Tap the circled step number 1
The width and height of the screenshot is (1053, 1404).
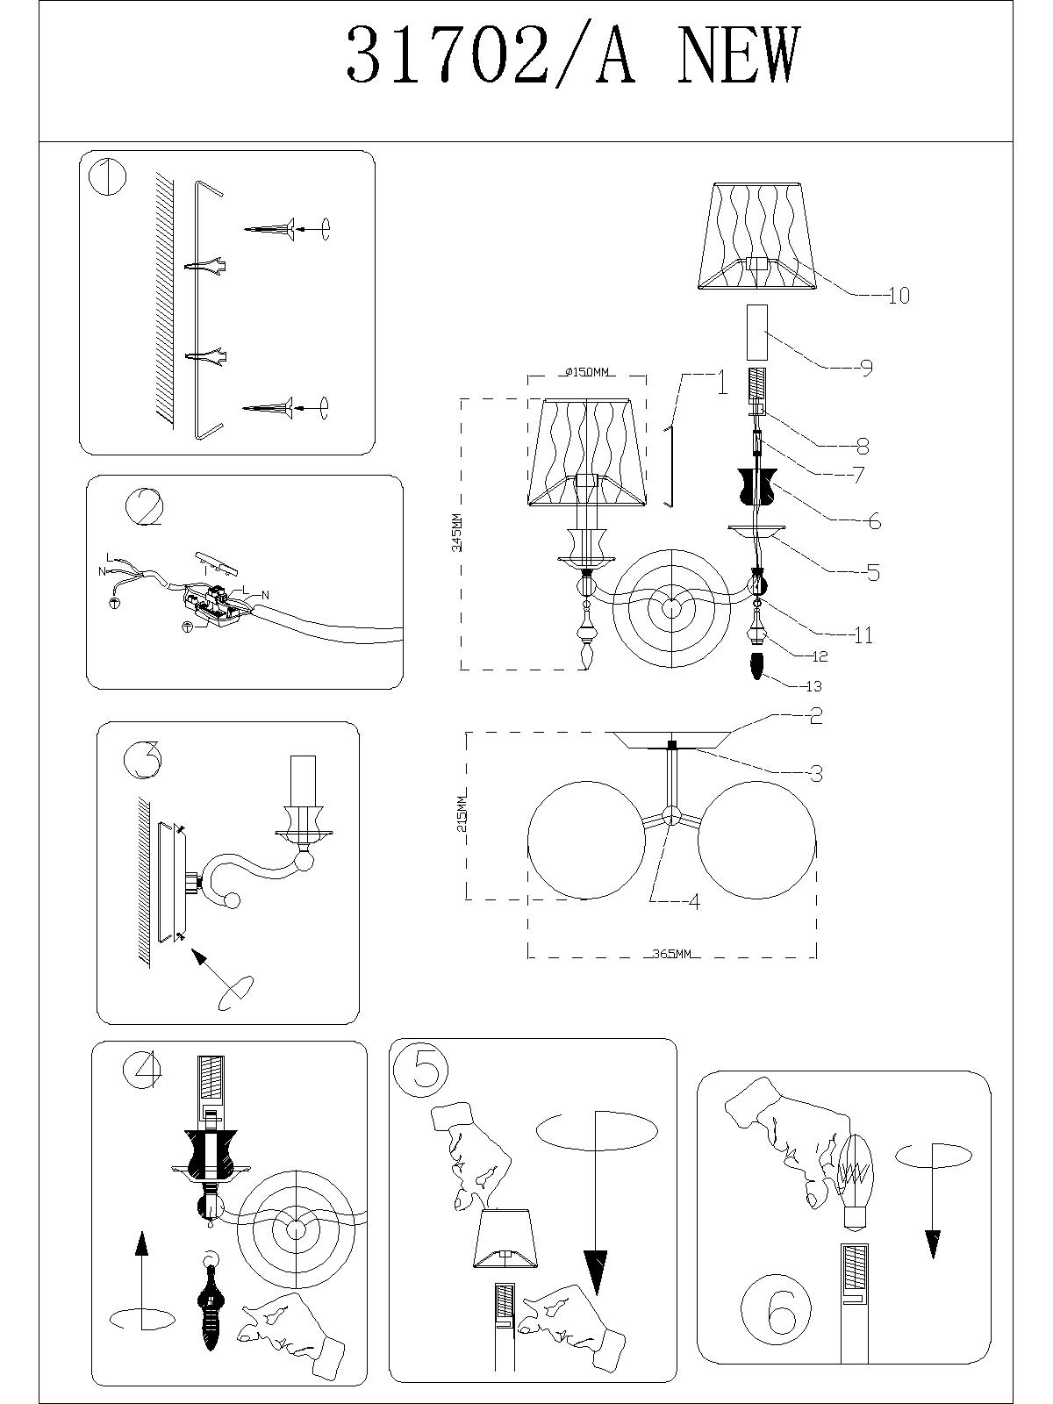click(108, 178)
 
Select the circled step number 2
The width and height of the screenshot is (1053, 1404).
click(144, 507)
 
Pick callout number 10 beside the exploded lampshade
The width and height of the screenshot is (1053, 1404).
click(898, 297)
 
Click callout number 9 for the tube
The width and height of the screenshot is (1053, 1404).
click(866, 368)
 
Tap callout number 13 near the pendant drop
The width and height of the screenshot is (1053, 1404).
click(813, 686)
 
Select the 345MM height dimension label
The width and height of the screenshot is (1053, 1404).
click(454, 533)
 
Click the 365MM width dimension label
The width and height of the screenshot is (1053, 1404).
click(672, 954)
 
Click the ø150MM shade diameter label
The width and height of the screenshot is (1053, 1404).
click(585, 373)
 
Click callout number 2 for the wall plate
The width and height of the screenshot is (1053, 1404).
click(815, 716)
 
